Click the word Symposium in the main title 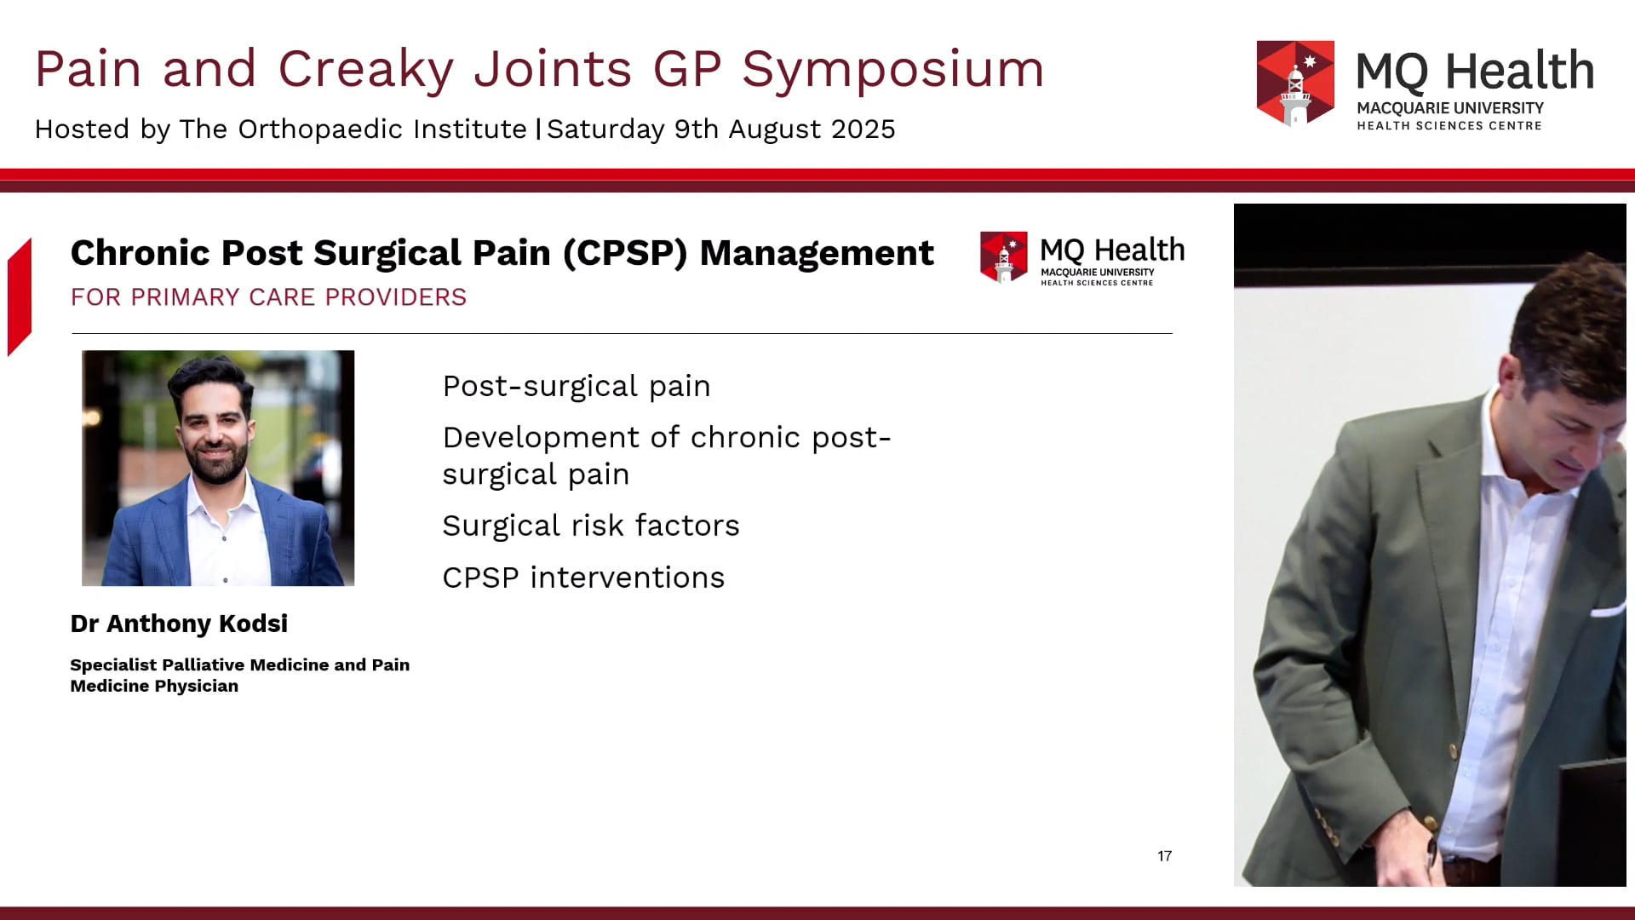point(892,70)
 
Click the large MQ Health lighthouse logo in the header point(1295,83)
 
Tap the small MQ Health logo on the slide point(1003,256)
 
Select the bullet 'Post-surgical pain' point(577,386)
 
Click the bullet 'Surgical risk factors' point(590,526)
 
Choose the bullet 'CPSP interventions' point(583,578)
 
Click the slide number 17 point(1164,856)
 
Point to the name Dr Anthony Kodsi point(179,624)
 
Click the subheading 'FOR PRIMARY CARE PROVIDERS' point(268,297)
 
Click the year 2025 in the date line point(863,129)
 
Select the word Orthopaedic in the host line point(320,129)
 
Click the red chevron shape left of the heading point(20,296)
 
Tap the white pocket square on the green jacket point(1609,610)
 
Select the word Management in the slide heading point(816,253)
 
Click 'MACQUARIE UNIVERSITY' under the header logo point(1449,108)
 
